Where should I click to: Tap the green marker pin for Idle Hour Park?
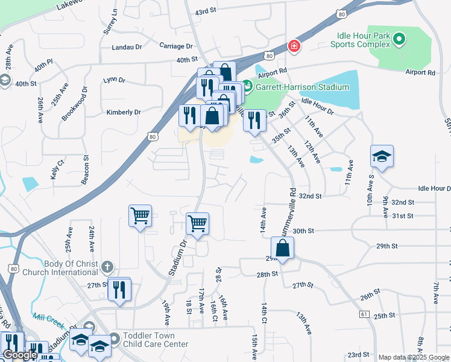pyautogui.click(x=399, y=40)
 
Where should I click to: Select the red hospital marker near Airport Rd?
pyautogui.click(x=294, y=46)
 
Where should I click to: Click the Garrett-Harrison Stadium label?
pyautogui.click(x=303, y=87)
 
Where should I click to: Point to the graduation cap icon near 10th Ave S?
pyautogui.click(x=382, y=157)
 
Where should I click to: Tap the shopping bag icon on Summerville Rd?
pyautogui.click(x=282, y=247)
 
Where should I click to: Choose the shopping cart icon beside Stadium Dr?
pyautogui.click(x=197, y=224)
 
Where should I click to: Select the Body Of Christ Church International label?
pyautogui.click(x=70, y=268)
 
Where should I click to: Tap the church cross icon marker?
pyautogui.click(x=107, y=267)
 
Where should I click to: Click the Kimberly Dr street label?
pyautogui.click(x=124, y=112)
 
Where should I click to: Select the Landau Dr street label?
pyautogui.click(x=127, y=46)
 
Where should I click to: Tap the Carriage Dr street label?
pyautogui.click(x=176, y=46)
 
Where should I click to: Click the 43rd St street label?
pyautogui.click(x=206, y=11)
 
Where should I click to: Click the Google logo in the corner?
pyautogui.click(x=20, y=355)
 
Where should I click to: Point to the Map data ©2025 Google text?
pyautogui.click(x=414, y=357)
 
